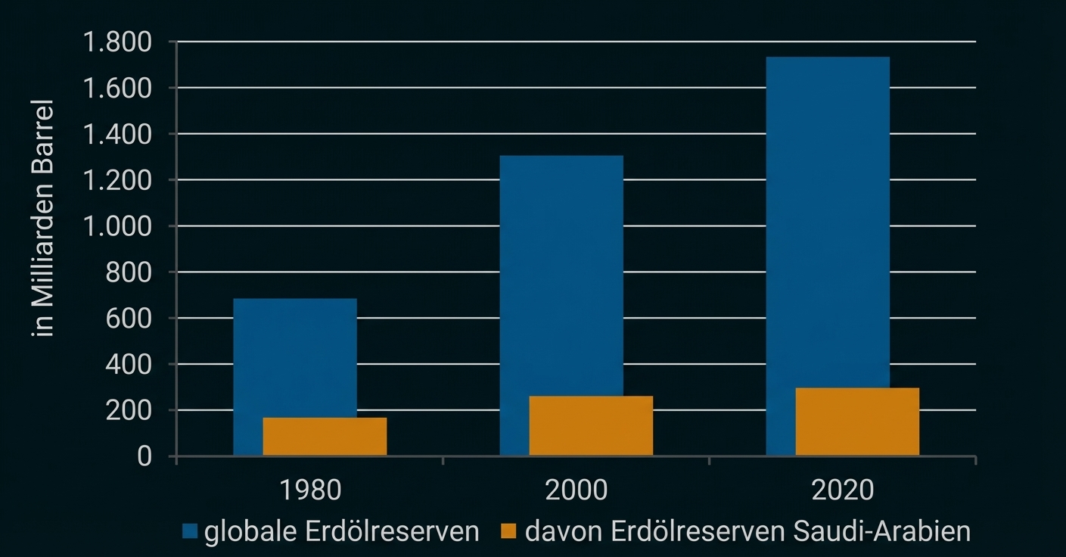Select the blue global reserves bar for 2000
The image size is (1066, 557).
[561, 272]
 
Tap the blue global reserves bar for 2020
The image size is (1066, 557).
[828, 219]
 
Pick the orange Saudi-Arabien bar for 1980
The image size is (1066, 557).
[325, 437]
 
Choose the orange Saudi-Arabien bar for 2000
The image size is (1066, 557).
[591, 425]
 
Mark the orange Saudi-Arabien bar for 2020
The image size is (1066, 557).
[857, 422]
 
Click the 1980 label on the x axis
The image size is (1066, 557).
[310, 490]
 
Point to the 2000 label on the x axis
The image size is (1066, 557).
[576, 490]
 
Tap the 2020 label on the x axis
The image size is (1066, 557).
[842, 490]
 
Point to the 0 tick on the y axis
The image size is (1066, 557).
[144, 456]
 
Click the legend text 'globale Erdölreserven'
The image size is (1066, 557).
[342, 531]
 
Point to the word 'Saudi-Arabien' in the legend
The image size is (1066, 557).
[881, 531]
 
